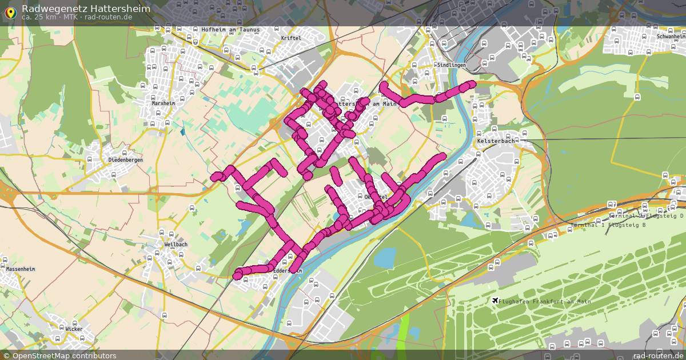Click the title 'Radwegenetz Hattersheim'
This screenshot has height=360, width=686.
tap(86, 9)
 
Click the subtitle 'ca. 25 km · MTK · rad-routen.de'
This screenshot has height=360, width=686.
tap(77, 17)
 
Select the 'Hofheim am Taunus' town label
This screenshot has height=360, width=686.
tap(230, 30)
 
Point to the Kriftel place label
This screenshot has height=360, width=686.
tap(291, 38)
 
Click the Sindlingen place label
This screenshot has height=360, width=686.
tap(451, 65)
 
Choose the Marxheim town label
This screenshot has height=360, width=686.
tap(163, 104)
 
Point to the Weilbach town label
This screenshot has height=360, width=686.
tap(176, 245)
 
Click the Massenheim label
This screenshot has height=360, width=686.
tap(21, 269)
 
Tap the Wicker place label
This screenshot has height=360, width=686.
tap(74, 329)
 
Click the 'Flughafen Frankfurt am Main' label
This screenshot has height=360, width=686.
tap(545, 302)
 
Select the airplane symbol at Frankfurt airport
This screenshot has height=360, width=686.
tap(494, 301)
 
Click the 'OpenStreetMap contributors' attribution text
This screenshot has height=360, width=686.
tap(64, 355)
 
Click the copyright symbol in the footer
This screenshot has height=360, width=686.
tap(7, 355)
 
